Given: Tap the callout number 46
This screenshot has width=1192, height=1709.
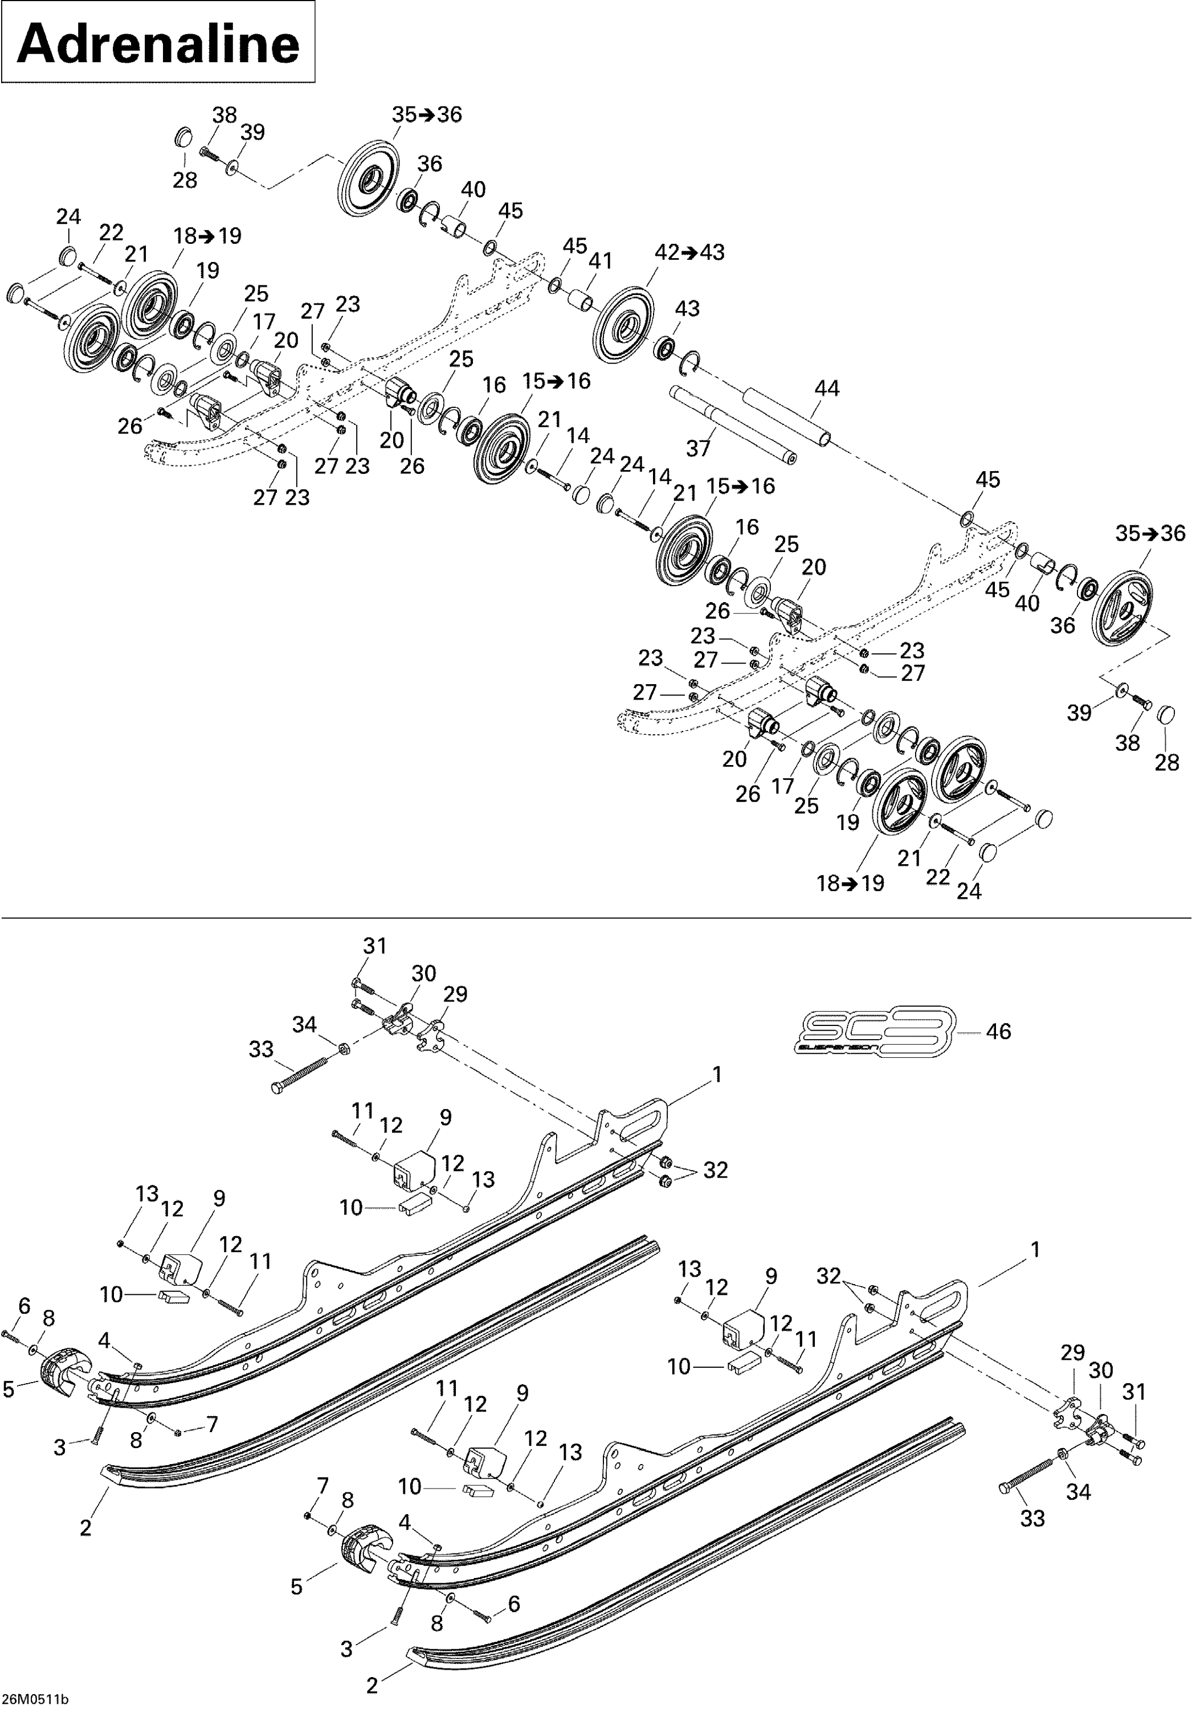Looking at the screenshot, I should (x=998, y=1031).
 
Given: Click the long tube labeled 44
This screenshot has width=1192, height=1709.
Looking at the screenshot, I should (x=782, y=415).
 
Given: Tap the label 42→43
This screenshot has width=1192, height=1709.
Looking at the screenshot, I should (x=689, y=252).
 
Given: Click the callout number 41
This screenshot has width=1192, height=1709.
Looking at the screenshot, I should (x=600, y=261).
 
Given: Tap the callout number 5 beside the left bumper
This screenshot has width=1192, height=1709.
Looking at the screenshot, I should (x=9, y=1389).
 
